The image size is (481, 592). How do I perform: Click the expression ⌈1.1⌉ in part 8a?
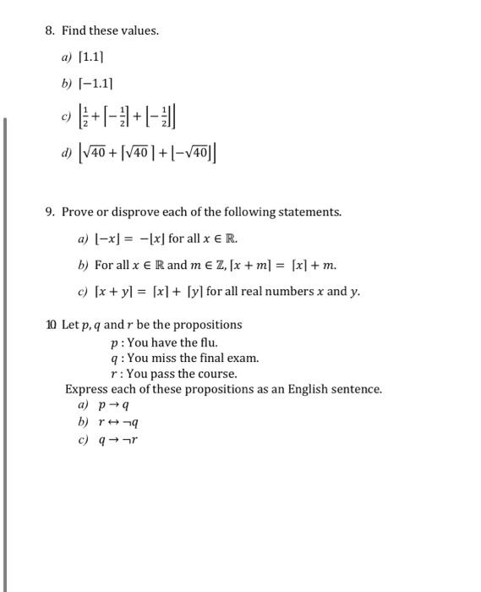tap(91, 58)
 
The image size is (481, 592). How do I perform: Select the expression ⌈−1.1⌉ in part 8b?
tap(96, 85)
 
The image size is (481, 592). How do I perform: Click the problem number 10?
tap(52, 325)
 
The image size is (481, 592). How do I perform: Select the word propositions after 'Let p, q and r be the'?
tap(210, 325)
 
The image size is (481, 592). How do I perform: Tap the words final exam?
tap(230, 358)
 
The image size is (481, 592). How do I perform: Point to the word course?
tap(218, 374)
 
